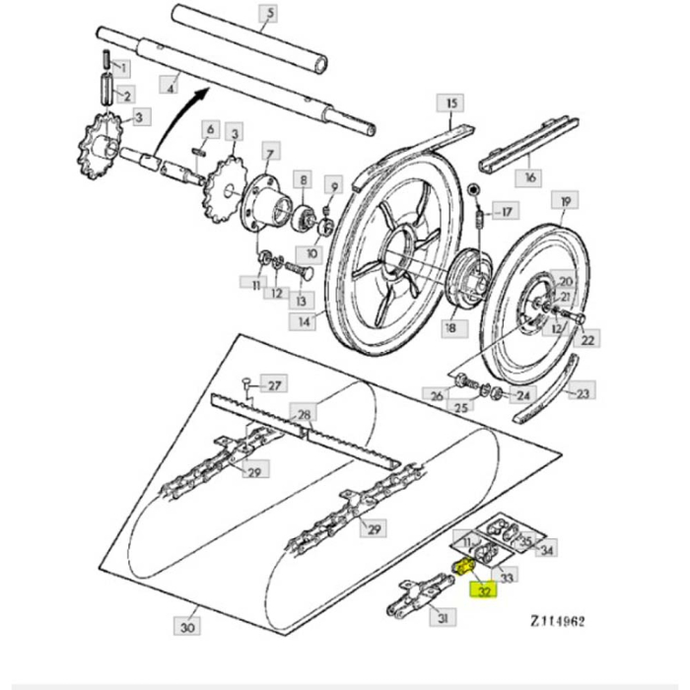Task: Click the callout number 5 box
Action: [268, 13]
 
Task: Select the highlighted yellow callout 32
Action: [485, 591]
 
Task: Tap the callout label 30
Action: [187, 625]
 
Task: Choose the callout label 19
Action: [564, 204]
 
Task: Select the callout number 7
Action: [270, 151]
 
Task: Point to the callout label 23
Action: [583, 393]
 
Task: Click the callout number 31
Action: [444, 617]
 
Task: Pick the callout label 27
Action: [275, 385]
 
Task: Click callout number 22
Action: [588, 339]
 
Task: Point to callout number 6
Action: [209, 129]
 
